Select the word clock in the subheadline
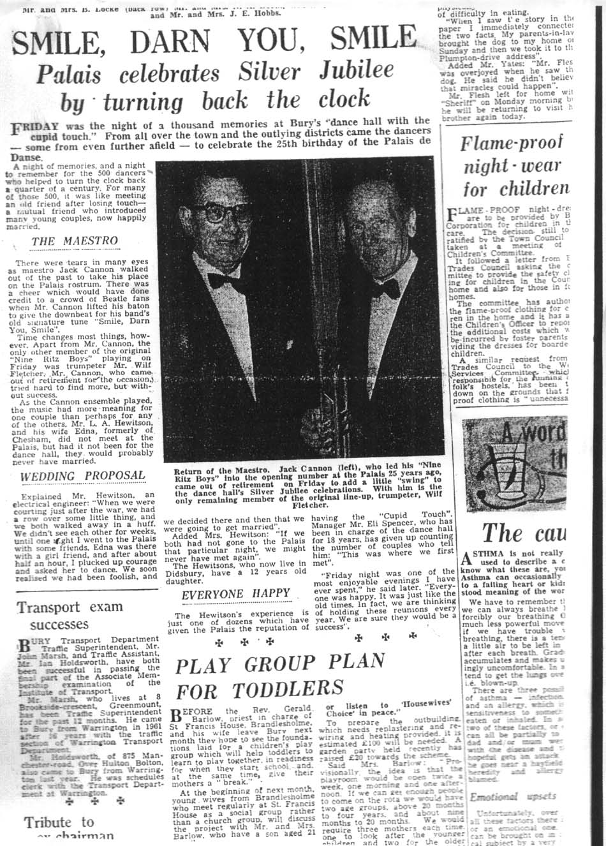338,99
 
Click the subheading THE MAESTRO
75,241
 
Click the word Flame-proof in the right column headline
513,143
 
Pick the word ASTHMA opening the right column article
492,553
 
